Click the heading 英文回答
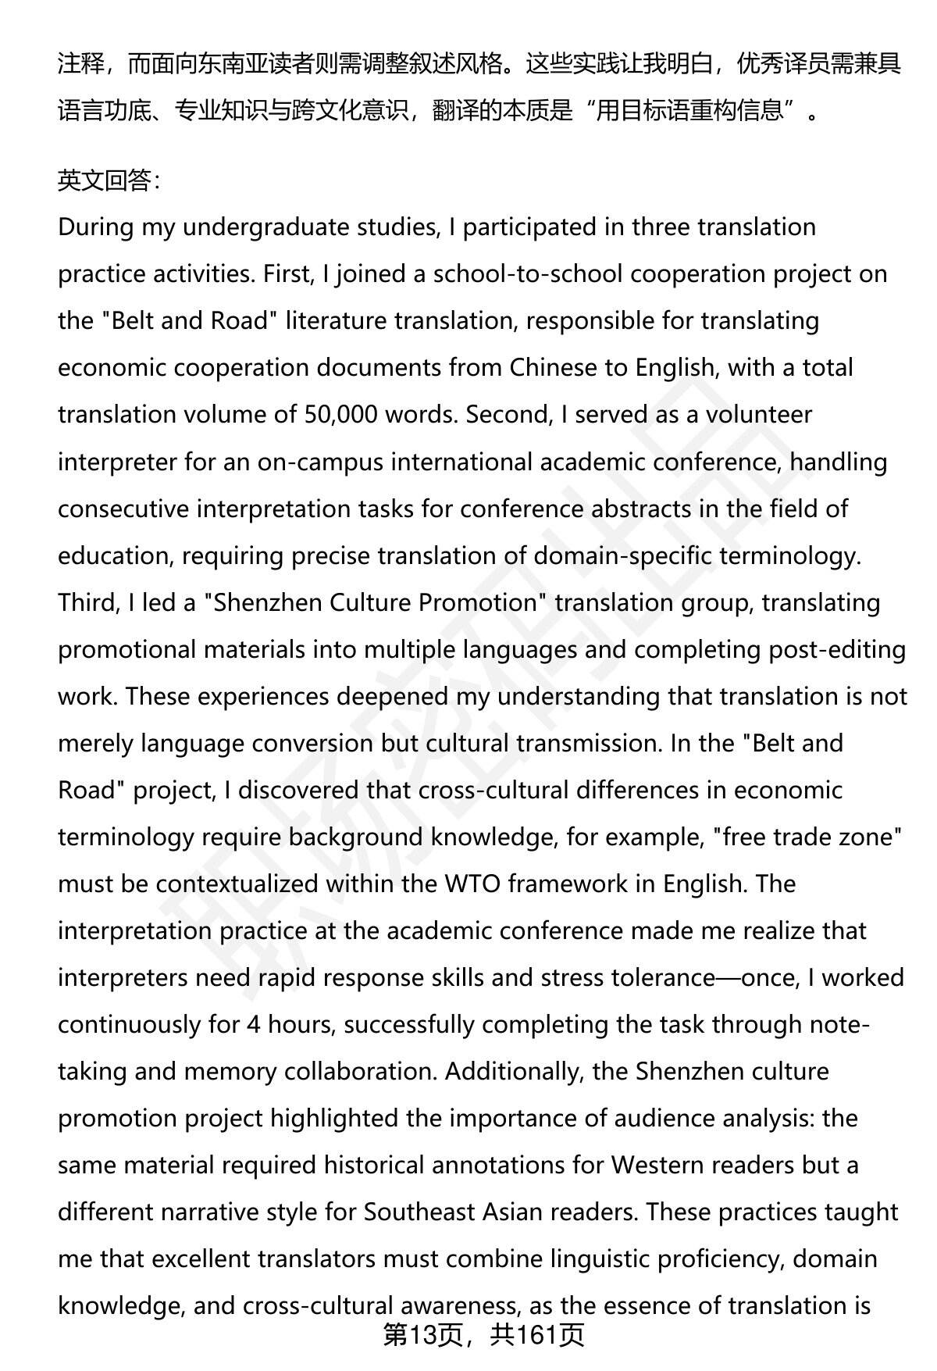109,181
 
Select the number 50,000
339,415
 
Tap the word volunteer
760,415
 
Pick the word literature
337,321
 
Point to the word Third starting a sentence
85,602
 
